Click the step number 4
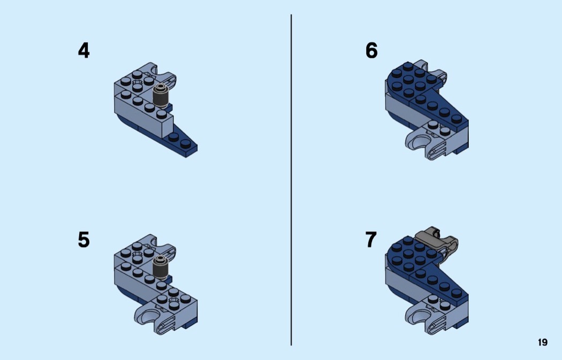tap(83, 50)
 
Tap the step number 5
tap(83, 240)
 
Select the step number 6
tap(371, 50)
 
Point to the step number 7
tap(371, 240)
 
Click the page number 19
tap(543, 342)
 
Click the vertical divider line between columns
tap(291, 180)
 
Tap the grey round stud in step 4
tap(160, 96)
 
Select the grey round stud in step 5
tap(160, 267)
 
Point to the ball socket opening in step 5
tap(150, 316)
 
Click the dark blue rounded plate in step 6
tap(412, 82)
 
